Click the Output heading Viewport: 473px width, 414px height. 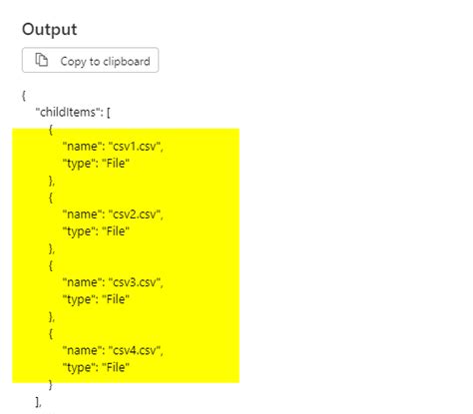50,29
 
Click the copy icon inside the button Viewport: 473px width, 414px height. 43,61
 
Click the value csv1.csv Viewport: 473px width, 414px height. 135,146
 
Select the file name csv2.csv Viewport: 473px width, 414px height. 135,214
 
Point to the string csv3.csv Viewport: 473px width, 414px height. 135,282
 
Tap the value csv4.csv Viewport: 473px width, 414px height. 135,350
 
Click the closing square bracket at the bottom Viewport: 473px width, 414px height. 38,401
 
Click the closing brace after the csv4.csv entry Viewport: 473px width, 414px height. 51,384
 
